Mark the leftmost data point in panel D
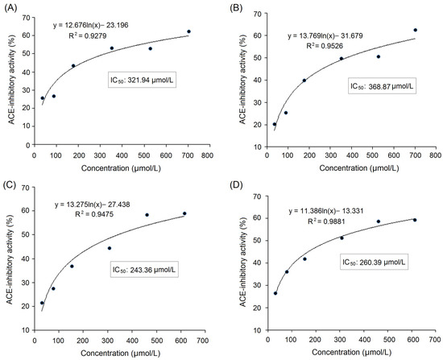275,292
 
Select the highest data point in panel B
416,30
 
